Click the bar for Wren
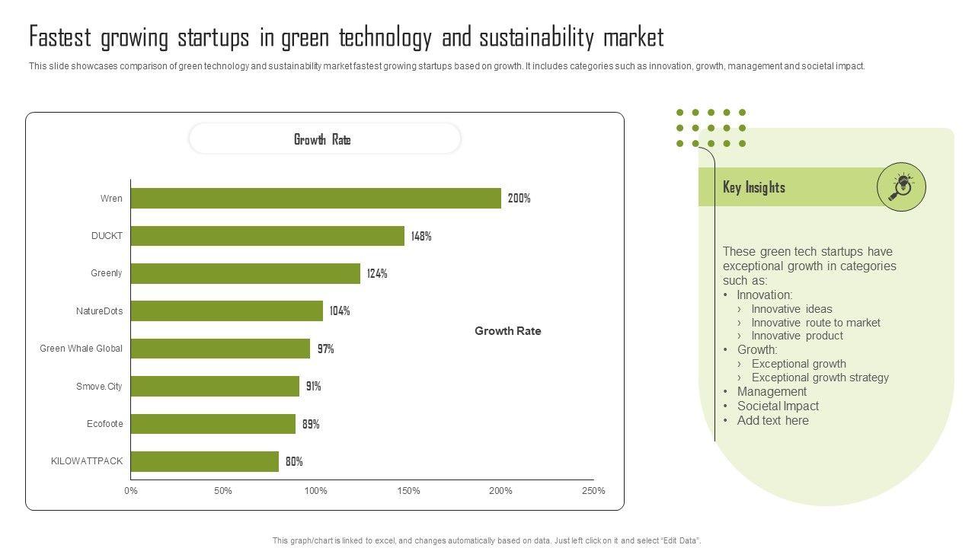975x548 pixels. pos(316,199)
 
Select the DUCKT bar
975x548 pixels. pos(267,236)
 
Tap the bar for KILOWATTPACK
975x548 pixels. pos(205,461)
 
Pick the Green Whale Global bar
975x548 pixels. pos(220,349)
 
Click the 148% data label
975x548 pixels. pos(421,236)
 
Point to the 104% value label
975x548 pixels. pos(340,311)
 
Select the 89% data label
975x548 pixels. pos(311,424)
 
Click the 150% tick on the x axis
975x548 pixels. pos(408,491)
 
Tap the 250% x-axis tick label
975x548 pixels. pos(593,491)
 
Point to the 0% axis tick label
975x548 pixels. pos(131,491)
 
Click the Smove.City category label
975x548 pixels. pos(99,387)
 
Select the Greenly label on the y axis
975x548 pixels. pos(107,273)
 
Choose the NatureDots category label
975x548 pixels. pos(99,311)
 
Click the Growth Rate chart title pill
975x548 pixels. pos(324,139)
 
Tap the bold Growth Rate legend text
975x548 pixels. pos(508,331)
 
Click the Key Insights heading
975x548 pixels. pos(754,187)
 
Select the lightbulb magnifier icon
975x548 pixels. pos(901,186)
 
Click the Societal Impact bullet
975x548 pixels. pos(778,406)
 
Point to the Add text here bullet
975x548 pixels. pos(772,421)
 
